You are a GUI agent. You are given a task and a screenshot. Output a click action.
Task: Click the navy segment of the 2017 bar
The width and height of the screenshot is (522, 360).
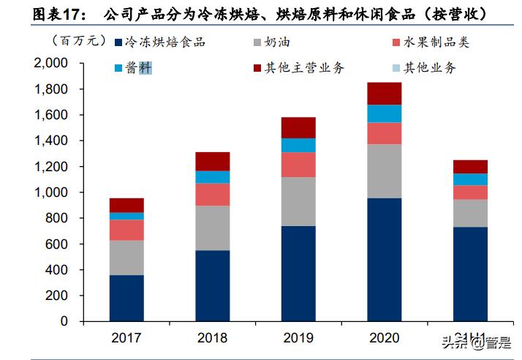pos(126,298)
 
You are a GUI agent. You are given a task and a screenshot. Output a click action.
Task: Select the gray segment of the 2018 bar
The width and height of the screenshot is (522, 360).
pos(212,228)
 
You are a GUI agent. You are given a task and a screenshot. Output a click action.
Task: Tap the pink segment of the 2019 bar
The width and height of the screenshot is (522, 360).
pos(298,165)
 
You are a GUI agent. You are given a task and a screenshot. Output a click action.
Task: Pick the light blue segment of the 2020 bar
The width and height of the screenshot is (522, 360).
pos(384,113)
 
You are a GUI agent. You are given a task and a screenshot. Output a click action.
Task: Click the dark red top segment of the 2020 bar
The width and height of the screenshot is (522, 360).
pos(384,93)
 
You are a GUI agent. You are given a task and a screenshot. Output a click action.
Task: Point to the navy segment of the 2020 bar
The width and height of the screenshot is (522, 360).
pos(384,259)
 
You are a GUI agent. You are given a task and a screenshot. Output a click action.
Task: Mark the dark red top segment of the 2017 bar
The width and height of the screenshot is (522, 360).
pos(126,205)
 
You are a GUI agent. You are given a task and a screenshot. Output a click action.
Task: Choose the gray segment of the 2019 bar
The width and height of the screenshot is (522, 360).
pos(298,201)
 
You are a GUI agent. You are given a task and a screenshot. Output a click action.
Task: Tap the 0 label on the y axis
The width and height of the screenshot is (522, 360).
pos(64,321)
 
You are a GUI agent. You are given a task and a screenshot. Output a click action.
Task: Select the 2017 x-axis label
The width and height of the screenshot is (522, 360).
pos(126,338)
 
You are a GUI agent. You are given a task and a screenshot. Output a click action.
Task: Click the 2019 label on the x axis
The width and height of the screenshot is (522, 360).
pos(298,338)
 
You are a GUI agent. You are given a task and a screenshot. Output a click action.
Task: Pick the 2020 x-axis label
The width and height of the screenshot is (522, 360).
pos(384,338)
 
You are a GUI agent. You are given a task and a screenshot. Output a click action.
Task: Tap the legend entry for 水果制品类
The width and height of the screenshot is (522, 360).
pos(431,42)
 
